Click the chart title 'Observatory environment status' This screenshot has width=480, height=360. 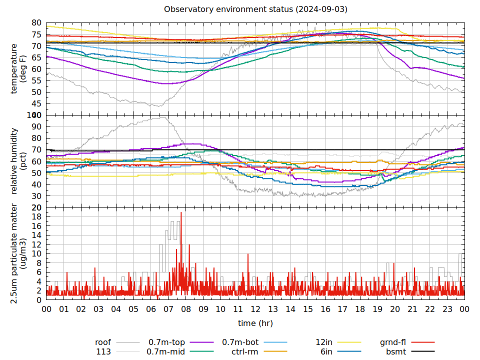(255, 9)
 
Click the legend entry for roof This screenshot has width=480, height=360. (103, 342)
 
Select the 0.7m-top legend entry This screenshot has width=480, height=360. (166, 342)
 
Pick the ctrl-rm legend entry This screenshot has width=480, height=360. (244, 351)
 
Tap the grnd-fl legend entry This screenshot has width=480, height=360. (392, 342)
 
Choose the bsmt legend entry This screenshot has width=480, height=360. (396, 351)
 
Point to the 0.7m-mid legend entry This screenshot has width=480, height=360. (166, 351)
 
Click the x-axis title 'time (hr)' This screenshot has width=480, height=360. (255, 323)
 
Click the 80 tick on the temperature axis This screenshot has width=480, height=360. (36, 23)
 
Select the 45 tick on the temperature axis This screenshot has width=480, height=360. (36, 104)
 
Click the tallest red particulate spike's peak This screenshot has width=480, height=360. (181, 212)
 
